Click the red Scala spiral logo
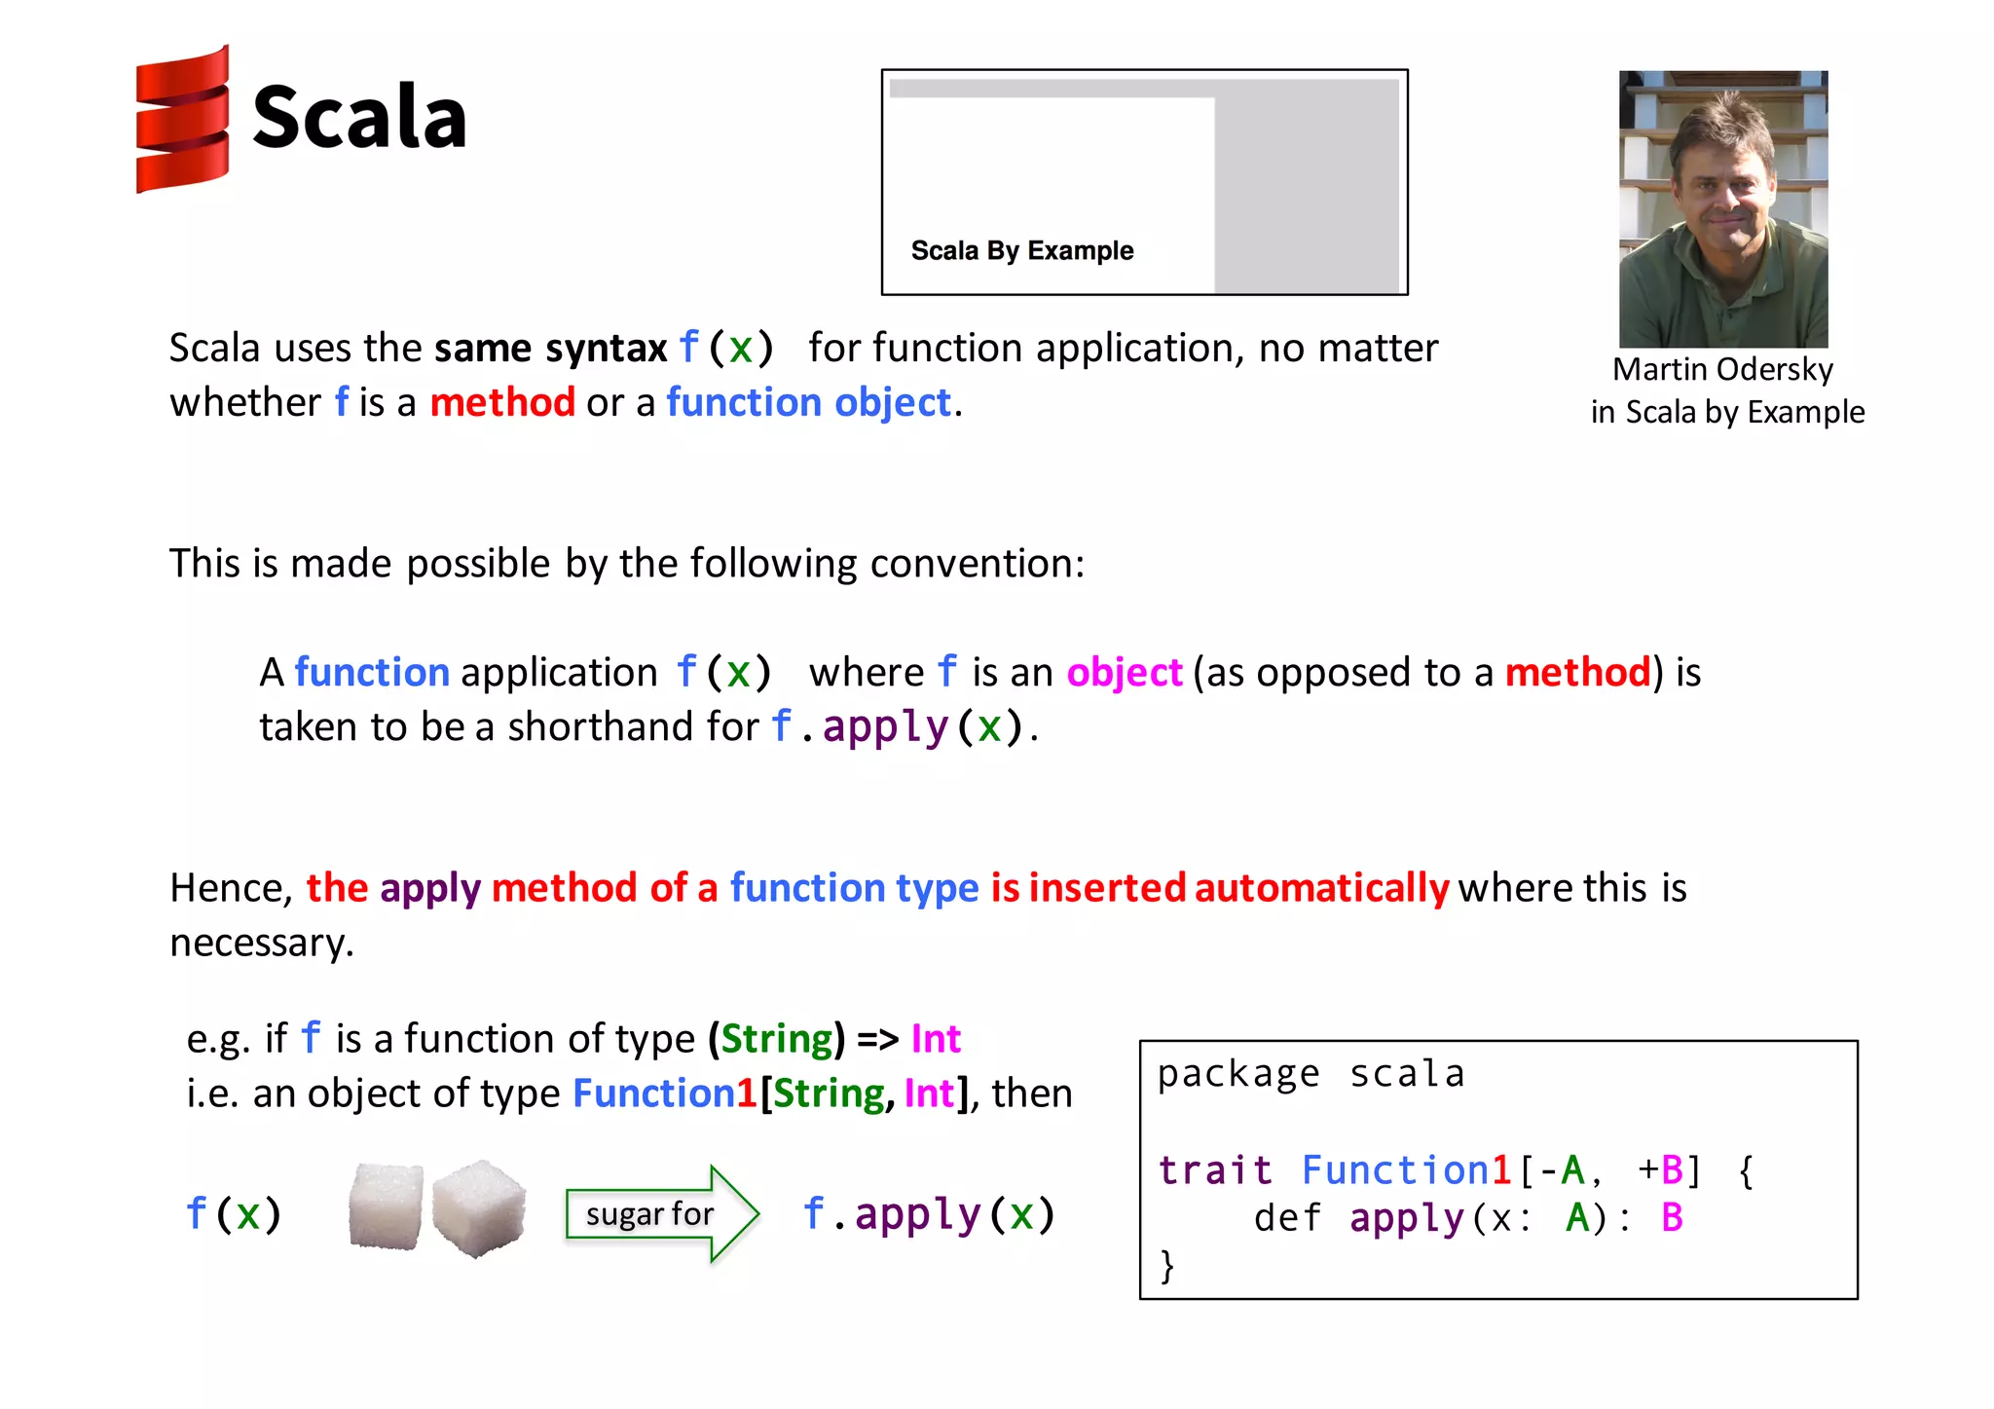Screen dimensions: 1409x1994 coord(183,119)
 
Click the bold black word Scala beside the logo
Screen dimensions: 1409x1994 coord(359,118)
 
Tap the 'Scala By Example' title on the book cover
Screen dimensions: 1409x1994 coord(1021,250)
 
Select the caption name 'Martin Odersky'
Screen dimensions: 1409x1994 coord(1721,369)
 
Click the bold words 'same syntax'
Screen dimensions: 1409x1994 coord(550,348)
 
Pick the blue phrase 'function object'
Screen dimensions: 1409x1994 coord(808,402)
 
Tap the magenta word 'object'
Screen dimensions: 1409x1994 coord(1124,673)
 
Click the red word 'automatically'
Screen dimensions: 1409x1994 coord(1321,888)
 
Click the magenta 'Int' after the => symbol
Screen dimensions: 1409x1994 coord(935,1039)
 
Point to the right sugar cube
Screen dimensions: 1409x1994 coord(479,1207)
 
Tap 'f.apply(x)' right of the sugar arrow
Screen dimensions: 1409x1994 coord(929,1214)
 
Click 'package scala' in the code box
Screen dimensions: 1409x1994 coord(1311,1074)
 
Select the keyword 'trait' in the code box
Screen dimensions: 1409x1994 coord(1214,1169)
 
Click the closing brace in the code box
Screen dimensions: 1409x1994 coord(1167,1266)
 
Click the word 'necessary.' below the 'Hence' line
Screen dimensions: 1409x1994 coord(262,943)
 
